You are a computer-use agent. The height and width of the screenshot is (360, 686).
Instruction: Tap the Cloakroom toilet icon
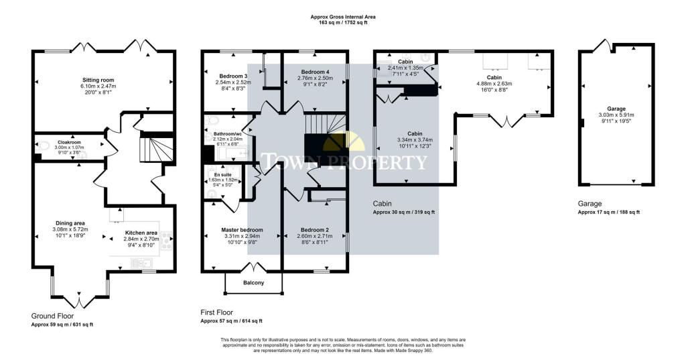click(x=44, y=145)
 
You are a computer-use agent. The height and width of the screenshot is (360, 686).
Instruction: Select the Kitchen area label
click(x=141, y=233)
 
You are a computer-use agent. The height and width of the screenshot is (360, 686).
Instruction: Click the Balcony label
click(x=253, y=283)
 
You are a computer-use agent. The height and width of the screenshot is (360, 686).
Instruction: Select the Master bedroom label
click(x=242, y=230)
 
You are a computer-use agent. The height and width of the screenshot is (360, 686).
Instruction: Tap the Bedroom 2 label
click(x=312, y=230)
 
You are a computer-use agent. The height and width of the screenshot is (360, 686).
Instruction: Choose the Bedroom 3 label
click(x=232, y=76)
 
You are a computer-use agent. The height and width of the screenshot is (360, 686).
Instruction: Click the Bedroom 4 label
click(x=314, y=72)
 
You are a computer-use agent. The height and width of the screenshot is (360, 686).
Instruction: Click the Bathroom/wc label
click(x=227, y=134)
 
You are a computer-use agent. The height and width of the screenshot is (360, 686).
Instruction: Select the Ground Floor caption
click(x=52, y=315)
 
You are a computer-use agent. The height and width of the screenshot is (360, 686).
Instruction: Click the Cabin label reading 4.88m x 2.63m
click(x=494, y=84)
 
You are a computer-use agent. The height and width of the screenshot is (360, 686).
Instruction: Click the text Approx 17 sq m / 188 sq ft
click(x=608, y=212)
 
